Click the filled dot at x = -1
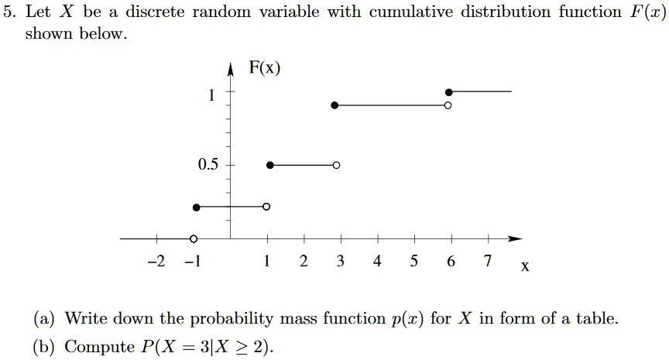click(196, 207)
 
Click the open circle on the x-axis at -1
click(194, 238)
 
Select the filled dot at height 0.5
click(269, 165)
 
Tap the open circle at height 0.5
click(336, 165)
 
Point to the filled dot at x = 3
click(334, 105)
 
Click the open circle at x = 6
click(448, 105)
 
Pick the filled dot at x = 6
click(449, 92)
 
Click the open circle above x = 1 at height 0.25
click(266, 207)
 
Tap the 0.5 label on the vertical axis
click(208, 165)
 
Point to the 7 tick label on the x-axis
click(487, 261)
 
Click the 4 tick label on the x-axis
click(377, 261)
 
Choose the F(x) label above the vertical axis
click(265, 68)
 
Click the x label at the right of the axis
click(526, 268)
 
